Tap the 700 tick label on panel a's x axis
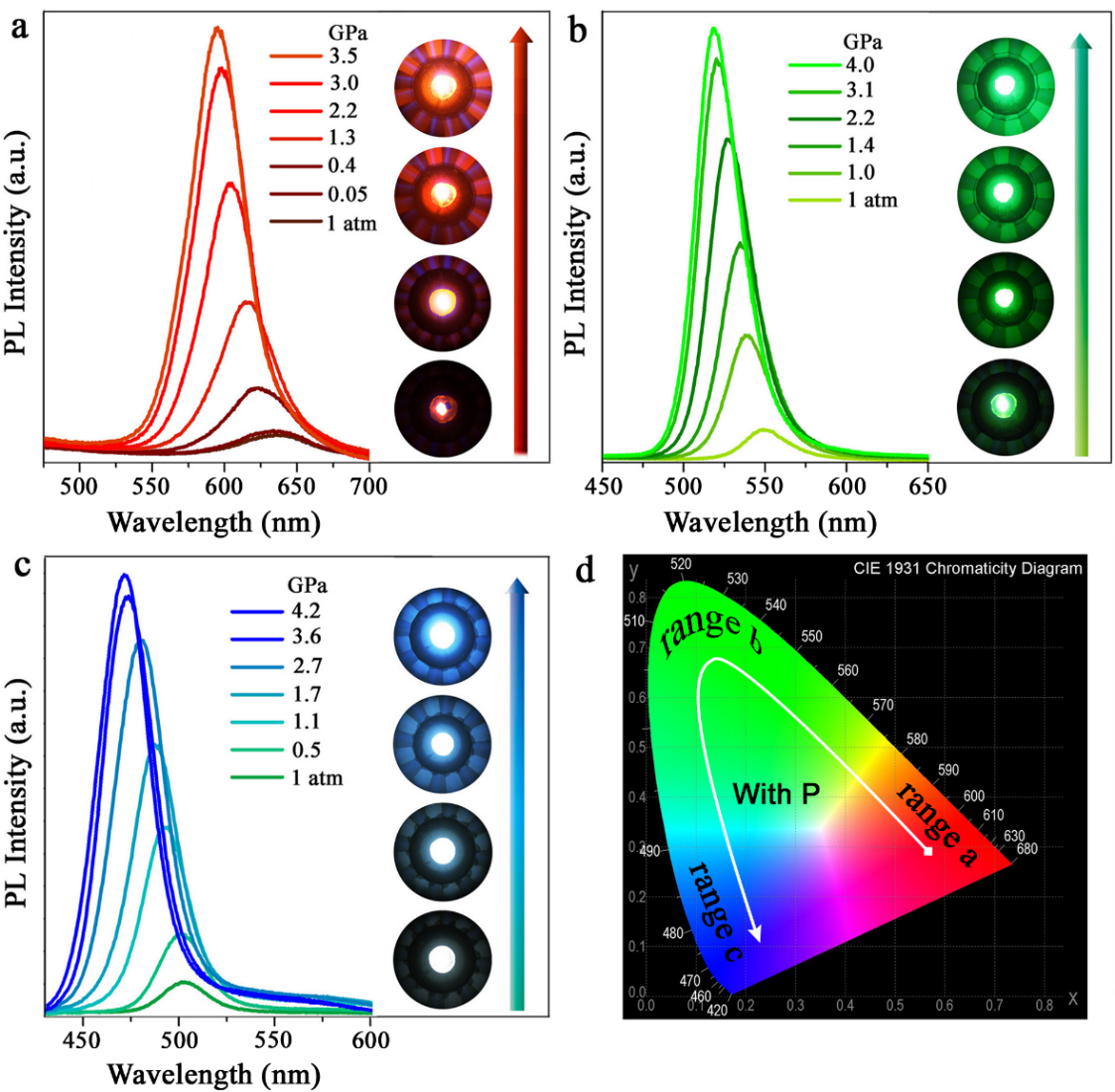(x=368, y=486)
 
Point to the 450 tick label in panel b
(x=604, y=486)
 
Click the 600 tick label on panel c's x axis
(x=370, y=1039)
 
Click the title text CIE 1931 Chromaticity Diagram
(x=967, y=569)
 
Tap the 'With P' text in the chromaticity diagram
(x=775, y=793)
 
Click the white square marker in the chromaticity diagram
(x=928, y=851)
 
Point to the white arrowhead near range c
(x=756, y=933)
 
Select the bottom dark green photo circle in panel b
(x=1005, y=404)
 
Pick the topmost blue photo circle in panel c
(x=443, y=635)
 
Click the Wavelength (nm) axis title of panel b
(x=769, y=522)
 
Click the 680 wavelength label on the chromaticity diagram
(x=1027, y=849)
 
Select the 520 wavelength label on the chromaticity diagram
(x=680, y=564)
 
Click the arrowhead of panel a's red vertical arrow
(x=521, y=36)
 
